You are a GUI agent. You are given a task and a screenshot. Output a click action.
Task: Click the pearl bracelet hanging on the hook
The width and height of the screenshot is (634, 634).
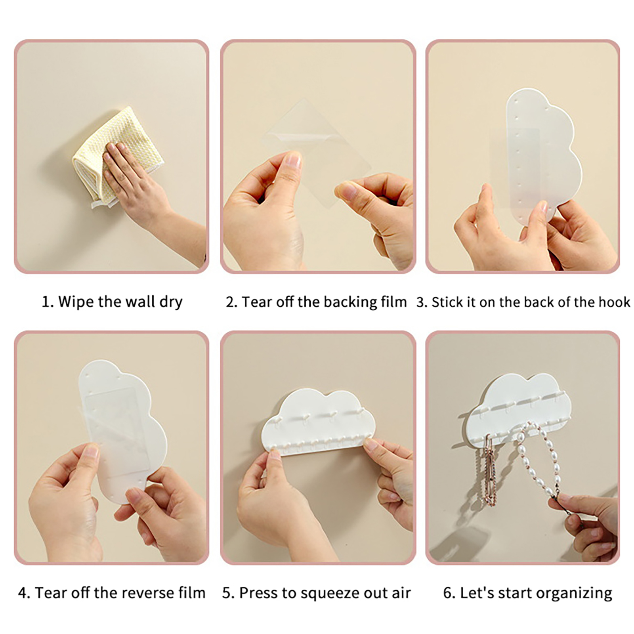(539, 464)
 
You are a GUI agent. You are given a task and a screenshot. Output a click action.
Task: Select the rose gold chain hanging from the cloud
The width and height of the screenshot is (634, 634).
(490, 472)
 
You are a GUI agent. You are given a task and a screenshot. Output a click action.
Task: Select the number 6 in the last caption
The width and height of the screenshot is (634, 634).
(447, 593)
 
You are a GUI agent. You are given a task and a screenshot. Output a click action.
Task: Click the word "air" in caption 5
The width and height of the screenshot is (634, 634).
(401, 593)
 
